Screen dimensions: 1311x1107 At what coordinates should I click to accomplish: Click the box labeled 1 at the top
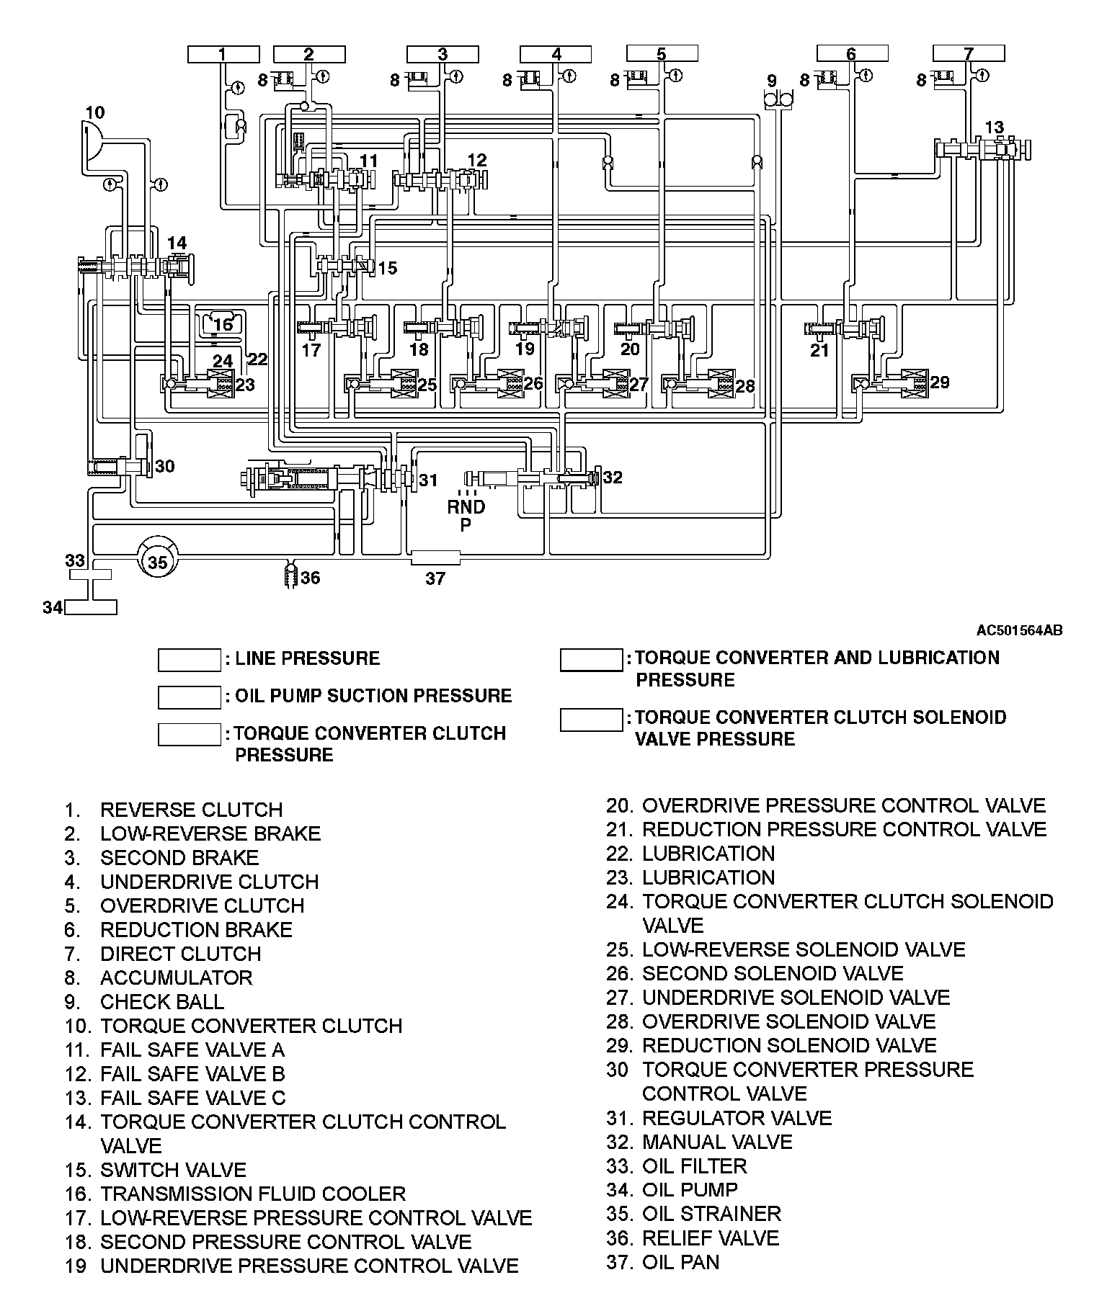[x=223, y=54]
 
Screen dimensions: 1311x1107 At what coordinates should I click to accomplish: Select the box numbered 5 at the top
[x=662, y=53]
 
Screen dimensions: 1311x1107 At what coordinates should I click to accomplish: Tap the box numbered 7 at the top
[x=968, y=53]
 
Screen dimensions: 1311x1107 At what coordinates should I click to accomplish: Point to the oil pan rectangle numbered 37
[x=435, y=558]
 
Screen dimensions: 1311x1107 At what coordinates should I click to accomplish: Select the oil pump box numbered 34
[x=91, y=607]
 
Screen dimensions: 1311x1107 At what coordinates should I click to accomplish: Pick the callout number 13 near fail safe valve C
[x=994, y=127]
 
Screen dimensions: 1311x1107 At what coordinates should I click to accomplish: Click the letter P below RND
[x=466, y=525]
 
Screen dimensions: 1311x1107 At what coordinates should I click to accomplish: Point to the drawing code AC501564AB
[x=1019, y=631]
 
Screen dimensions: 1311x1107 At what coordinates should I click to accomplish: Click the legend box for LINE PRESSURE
[x=190, y=660]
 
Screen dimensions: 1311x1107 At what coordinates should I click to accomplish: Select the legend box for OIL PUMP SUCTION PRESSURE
[x=190, y=697]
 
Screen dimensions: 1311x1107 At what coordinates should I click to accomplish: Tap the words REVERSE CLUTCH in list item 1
[x=191, y=810]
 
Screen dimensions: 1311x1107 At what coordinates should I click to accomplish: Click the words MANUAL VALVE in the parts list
[x=717, y=1142]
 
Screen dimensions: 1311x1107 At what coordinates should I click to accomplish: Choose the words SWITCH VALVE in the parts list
[x=173, y=1170]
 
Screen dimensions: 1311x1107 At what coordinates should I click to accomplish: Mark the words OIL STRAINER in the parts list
[x=711, y=1214]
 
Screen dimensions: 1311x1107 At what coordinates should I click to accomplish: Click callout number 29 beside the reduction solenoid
[x=939, y=382]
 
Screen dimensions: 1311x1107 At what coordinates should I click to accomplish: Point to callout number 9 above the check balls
[x=771, y=81]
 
